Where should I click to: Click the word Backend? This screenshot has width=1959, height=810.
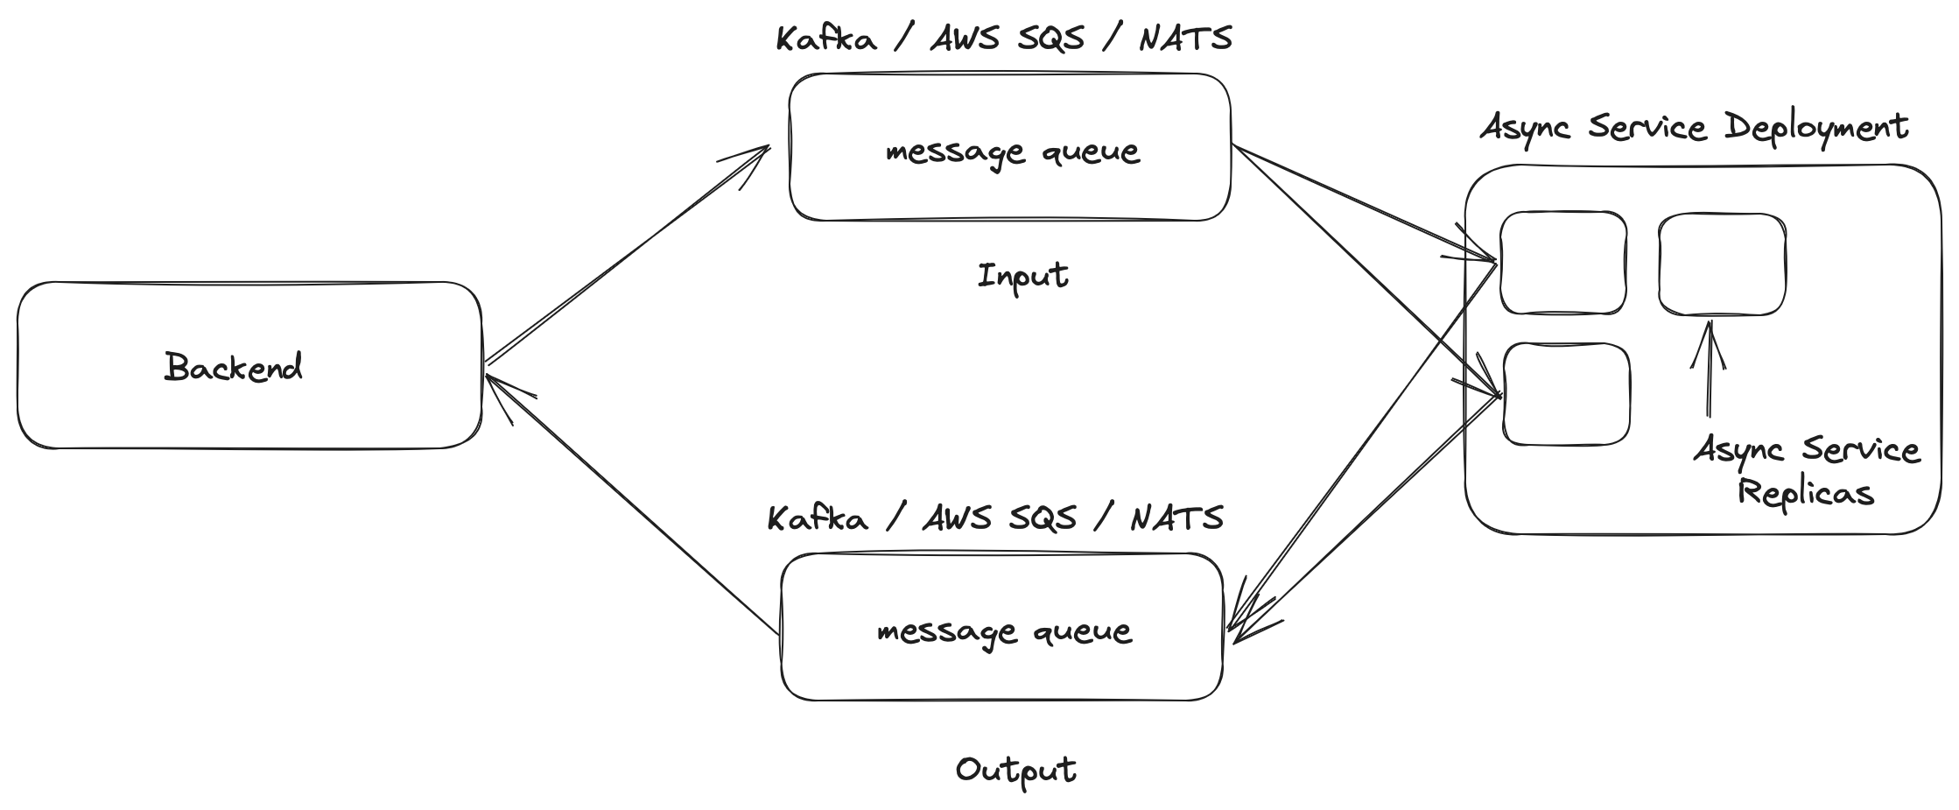click(234, 367)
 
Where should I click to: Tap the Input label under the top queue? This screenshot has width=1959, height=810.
click(1022, 277)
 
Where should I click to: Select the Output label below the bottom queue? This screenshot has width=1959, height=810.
click(1015, 771)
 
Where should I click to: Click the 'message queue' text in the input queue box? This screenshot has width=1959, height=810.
click(1013, 152)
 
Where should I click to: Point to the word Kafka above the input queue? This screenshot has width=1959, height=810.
click(826, 39)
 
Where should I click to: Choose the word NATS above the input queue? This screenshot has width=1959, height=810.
click(1185, 39)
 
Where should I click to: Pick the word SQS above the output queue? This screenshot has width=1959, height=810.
click(1043, 518)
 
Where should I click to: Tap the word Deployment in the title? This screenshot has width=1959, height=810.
click(1816, 128)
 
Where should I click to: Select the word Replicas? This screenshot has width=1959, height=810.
click(1805, 492)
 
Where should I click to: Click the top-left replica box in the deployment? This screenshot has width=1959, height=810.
click(1563, 263)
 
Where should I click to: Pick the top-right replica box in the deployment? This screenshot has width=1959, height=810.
click(1722, 264)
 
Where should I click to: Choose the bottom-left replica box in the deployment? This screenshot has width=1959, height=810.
click(1567, 395)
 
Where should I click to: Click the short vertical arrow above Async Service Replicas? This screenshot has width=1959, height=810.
click(1709, 368)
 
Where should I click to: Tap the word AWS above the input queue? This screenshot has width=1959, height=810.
click(963, 39)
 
